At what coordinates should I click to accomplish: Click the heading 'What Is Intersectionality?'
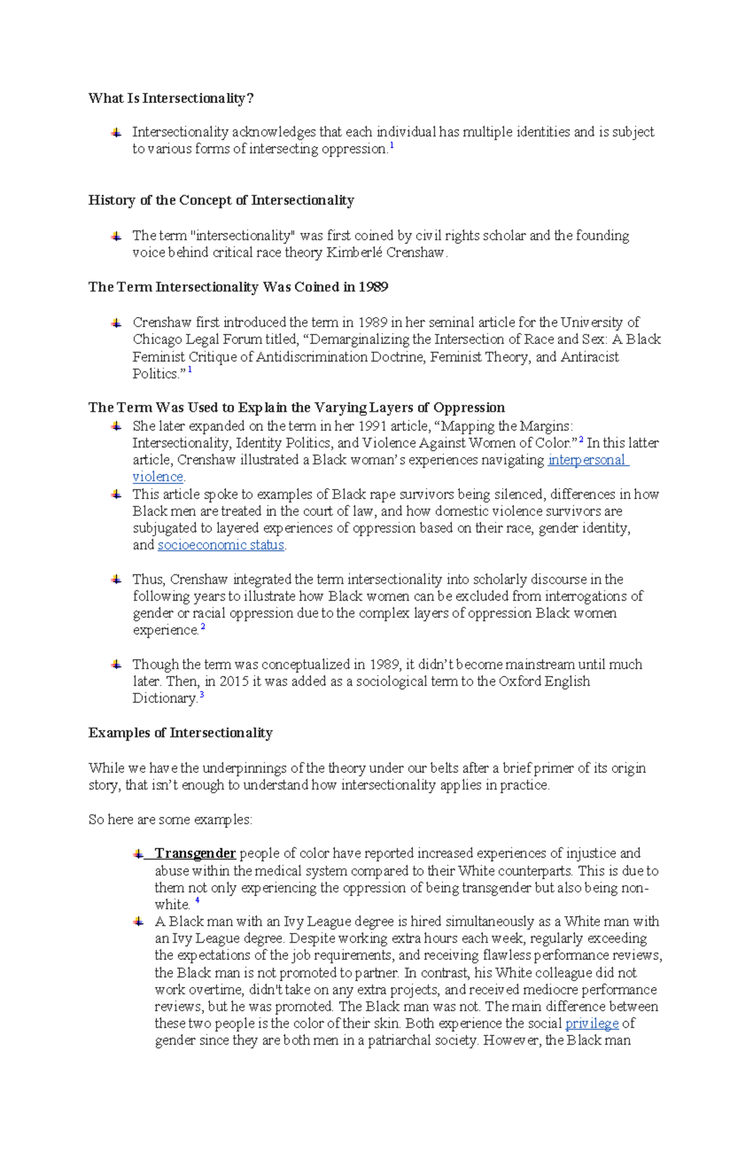pyautogui.click(x=171, y=98)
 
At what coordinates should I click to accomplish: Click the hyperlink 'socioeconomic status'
pyautogui.click(x=221, y=545)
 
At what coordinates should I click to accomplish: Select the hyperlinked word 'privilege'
pyautogui.click(x=592, y=1023)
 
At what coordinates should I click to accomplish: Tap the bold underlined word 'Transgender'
pyautogui.click(x=195, y=853)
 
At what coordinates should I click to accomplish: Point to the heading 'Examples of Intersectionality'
pyautogui.click(x=180, y=733)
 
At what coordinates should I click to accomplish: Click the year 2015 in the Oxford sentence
pyautogui.click(x=233, y=681)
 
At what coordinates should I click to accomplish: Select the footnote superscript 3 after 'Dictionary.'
pyautogui.click(x=201, y=695)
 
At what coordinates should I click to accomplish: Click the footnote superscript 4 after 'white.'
pyautogui.click(x=197, y=901)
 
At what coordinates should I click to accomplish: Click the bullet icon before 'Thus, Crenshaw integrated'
pyautogui.click(x=116, y=579)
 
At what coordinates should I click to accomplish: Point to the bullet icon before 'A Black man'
pyautogui.click(x=138, y=922)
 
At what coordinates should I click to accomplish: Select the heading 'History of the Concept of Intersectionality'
pyautogui.click(x=221, y=200)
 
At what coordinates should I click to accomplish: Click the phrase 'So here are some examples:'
pyautogui.click(x=170, y=819)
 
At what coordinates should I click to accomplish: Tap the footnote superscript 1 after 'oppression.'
pyautogui.click(x=392, y=146)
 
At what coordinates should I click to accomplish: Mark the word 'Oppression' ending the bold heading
pyautogui.click(x=469, y=407)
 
